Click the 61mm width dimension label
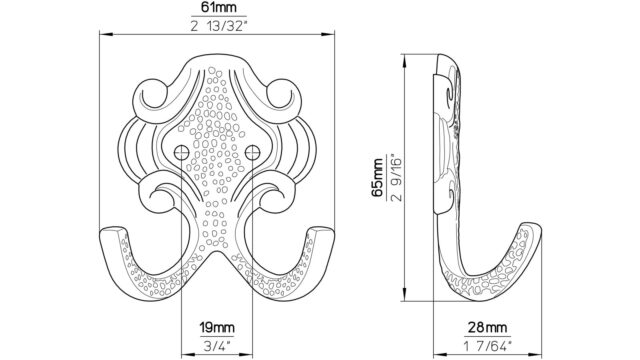pyautogui.click(x=219, y=7)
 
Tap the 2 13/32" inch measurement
pyautogui.click(x=219, y=26)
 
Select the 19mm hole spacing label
pyautogui.click(x=217, y=327)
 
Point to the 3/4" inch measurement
pyautogui.click(x=217, y=346)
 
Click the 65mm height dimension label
pyautogui.click(x=378, y=178)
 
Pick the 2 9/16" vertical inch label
pyautogui.click(x=396, y=178)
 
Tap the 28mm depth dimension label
pyautogui.click(x=487, y=327)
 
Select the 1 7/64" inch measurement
pyautogui.click(x=487, y=347)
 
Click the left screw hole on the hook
pyautogui.click(x=181, y=153)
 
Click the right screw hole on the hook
pyautogui.click(x=253, y=153)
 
